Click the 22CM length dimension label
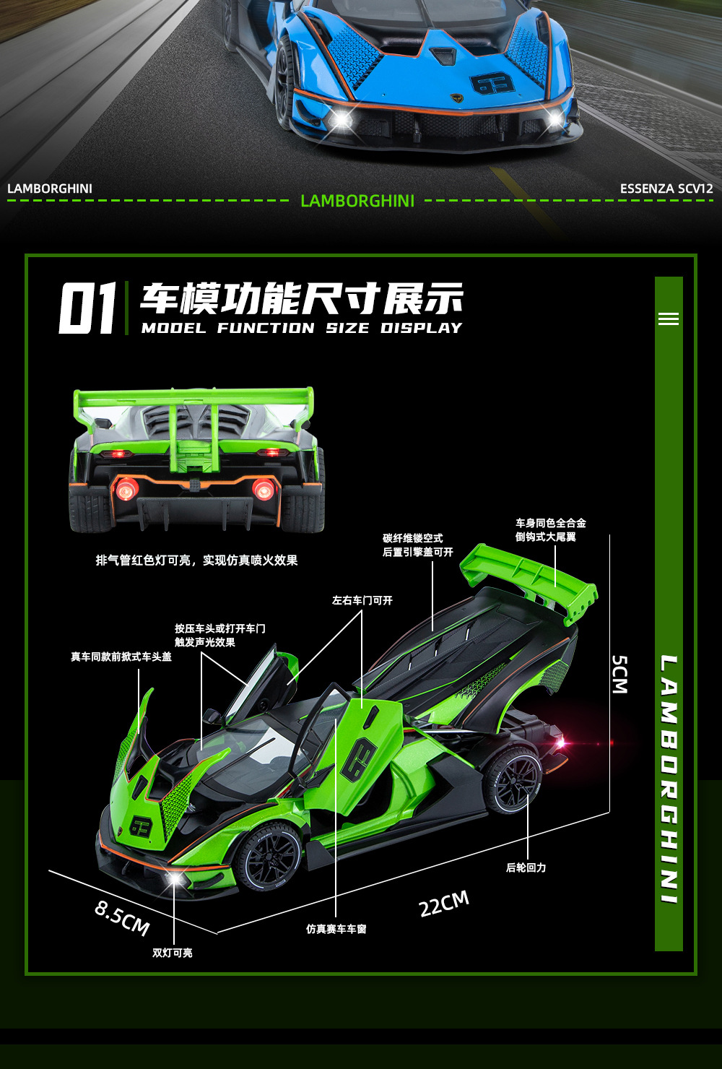[444, 903]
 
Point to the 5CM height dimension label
[619, 675]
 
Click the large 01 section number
[87, 308]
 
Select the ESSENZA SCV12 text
[666, 189]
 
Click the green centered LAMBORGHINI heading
[357, 201]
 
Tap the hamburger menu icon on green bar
[669, 319]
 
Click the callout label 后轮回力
[526, 867]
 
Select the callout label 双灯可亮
[173, 953]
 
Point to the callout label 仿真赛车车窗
[336, 929]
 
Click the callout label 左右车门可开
[362, 600]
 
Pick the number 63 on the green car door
[359, 760]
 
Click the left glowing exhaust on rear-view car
[126, 489]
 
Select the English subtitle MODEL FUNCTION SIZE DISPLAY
[302, 328]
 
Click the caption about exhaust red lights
[196, 561]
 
